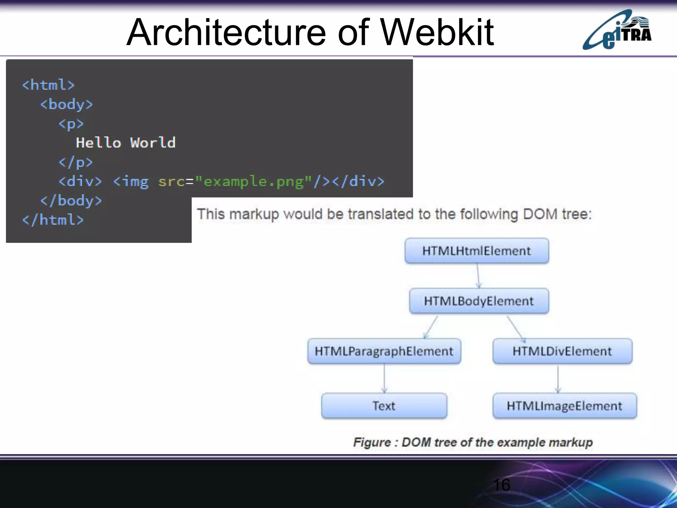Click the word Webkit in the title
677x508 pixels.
click(x=437, y=32)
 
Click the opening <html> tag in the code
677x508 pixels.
click(x=48, y=85)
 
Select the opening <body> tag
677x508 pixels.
click(x=66, y=105)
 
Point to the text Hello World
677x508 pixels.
click(x=126, y=143)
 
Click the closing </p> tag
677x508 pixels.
click(x=75, y=162)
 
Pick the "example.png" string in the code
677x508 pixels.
click(x=253, y=182)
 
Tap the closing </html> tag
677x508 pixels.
click(x=53, y=220)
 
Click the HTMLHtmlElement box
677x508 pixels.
click(x=477, y=251)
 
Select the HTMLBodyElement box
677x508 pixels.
click(x=479, y=301)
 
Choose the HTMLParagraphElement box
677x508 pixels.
click(x=384, y=351)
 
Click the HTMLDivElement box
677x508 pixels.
click(x=562, y=351)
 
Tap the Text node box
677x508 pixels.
click(x=384, y=406)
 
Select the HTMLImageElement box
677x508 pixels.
click(x=565, y=406)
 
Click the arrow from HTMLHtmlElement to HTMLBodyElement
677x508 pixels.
click(x=478, y=276)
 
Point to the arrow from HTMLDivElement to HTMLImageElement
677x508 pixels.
click(x=558, y=379)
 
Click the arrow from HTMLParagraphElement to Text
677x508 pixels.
click(x=384, y=379)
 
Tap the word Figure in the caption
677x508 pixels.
click(x=372, y=443)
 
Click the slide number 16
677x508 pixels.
click(x=501, y=485)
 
